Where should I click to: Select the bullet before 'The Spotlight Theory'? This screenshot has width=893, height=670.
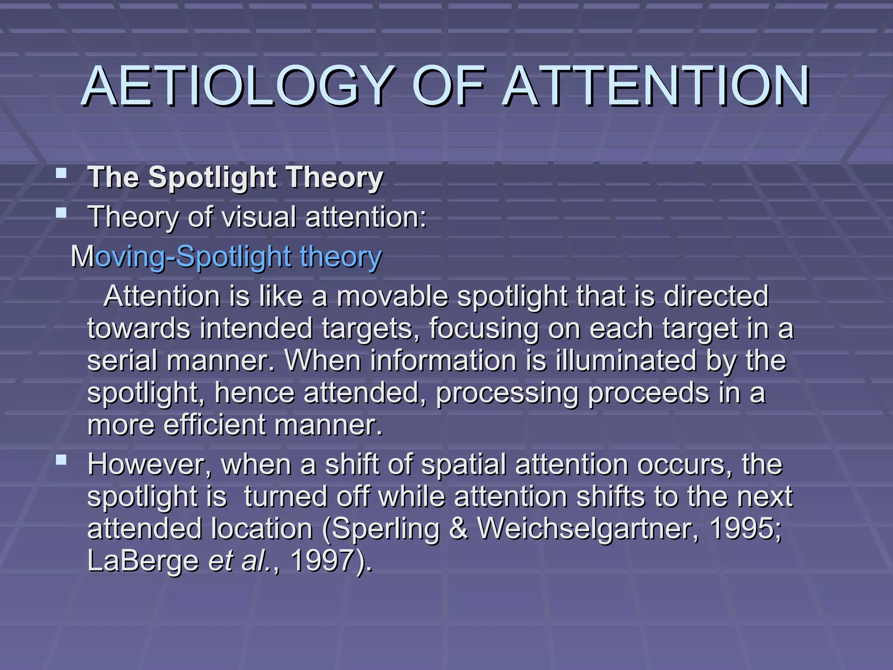[61, 174]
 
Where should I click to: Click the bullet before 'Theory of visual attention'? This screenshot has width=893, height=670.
[61, 213]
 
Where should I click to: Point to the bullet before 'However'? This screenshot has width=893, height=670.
[61, 460]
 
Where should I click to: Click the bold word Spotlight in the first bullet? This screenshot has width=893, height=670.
[212, 178]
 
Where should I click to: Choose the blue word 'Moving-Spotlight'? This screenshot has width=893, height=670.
[181, 257]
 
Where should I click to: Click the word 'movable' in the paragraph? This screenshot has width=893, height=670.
[392, 297]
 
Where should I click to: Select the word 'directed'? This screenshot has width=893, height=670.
[716, 297]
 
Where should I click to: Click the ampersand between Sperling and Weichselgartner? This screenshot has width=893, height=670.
[458, 529]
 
